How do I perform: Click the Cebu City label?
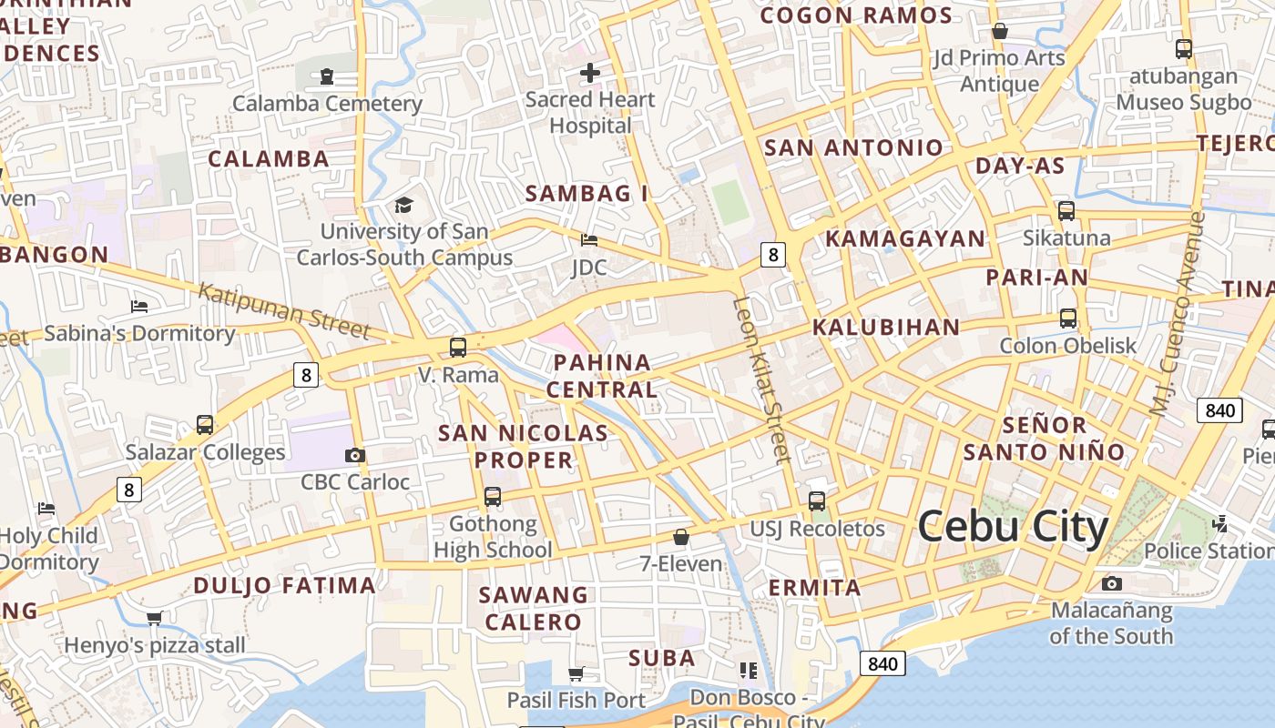point(1013,527)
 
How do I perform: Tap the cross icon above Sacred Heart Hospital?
point(590,72)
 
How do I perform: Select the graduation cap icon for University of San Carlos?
point(403,205)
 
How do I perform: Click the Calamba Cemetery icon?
point(327,76)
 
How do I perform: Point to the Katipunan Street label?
point(283,310)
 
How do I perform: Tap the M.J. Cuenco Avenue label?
point(1183,314)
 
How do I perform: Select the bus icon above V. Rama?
point(458,347)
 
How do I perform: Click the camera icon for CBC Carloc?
point(355,455)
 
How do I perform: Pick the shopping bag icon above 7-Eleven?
point(680,537)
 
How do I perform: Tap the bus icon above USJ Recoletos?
point(817,500)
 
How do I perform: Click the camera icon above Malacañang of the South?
point(1111,583)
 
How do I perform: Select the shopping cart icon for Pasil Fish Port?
point(576,673)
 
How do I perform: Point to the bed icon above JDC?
point(589,240)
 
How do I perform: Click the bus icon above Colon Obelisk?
point(1068,318)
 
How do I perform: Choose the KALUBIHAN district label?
point(885,328)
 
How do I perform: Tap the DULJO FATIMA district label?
point(284,585)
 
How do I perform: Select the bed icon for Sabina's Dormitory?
point(139,306)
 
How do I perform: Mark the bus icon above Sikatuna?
point(1066,210)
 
